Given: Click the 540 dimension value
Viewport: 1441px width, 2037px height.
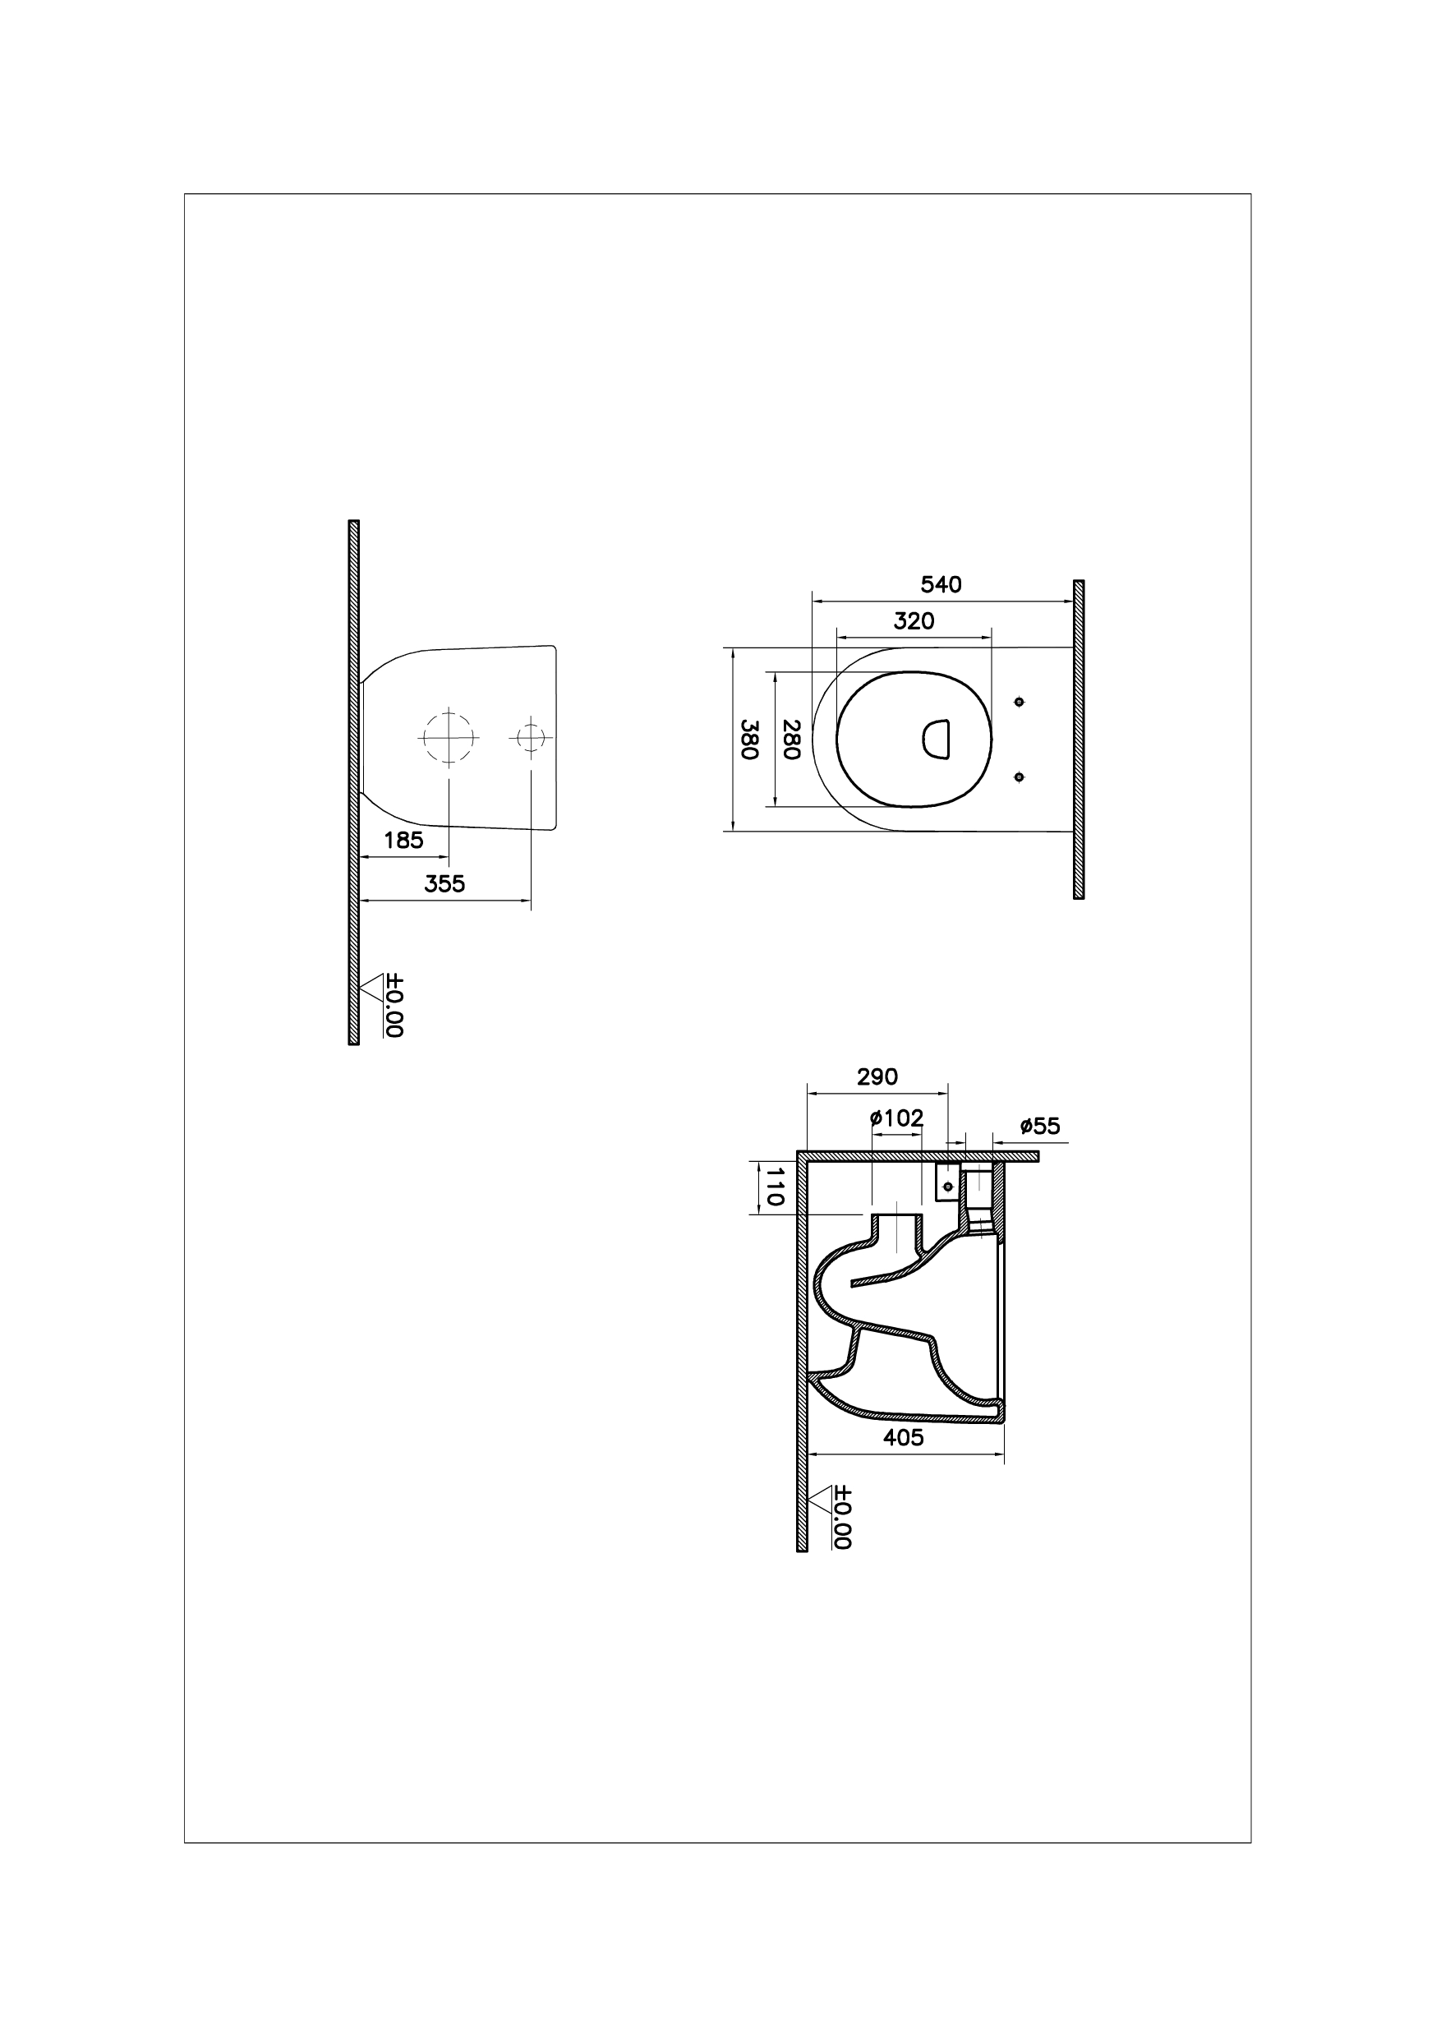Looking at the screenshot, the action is pyautogui.click(x=941, y=585).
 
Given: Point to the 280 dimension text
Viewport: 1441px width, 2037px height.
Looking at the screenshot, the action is pyautogui.click(x=792, y=740).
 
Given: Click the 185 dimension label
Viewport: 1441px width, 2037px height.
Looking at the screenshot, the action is pyautogui.click(x=403, y=840).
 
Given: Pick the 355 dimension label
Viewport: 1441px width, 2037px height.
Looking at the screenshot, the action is pyautogui.click(x=444, y=884).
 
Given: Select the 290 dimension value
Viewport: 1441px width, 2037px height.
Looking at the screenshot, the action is pyautogui.click(x=877, y=1076).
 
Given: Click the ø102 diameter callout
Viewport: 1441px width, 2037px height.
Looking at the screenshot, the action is pyautogui.click(x=897, y=1118).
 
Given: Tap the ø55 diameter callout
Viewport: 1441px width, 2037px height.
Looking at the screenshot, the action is pyautogui.click(x=1040, y=1127).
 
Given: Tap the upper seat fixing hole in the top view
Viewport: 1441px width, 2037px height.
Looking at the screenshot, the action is pyautogui.click(x=1019, y=702).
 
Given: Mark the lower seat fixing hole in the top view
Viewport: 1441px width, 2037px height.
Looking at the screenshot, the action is pyautogui.click(x=1019, y=777).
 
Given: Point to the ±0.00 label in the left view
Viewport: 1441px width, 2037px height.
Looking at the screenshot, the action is pyautogui.click(x=395, y=1005).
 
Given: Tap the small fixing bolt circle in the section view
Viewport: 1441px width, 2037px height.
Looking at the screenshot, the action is pyautogui.click(x=947, y=1187).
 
